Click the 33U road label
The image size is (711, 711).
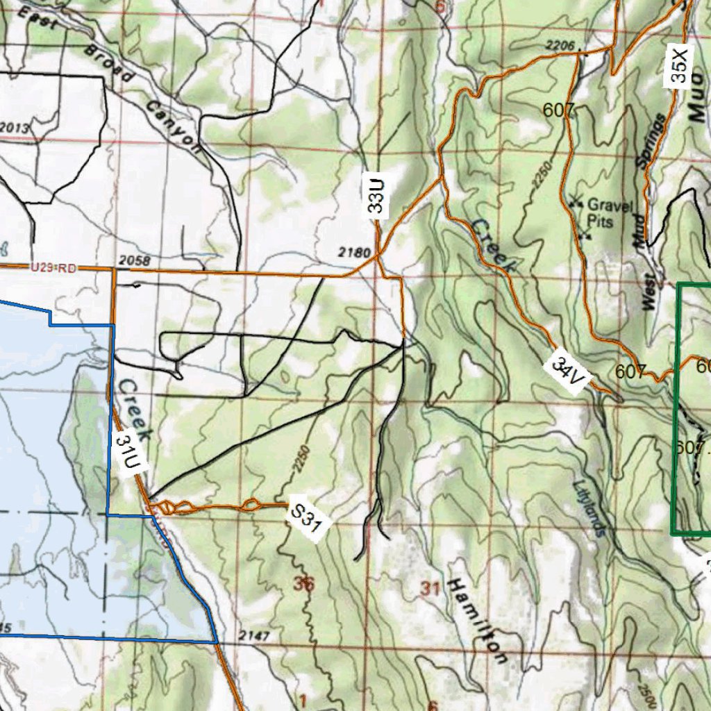pyautogui.click(x=376, y=196)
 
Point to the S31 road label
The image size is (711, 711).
pyautogui.click(x=307, y=519)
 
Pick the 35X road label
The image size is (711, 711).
pyautogui.click(x=679, y=65)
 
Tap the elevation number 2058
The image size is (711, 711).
pyautogui.click(x=135, y=260)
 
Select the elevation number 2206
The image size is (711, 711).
pyautogui.click(x=561, y=47)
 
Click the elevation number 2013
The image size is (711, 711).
pyautogui.click(x=15, y=128)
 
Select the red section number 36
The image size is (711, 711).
pyautogui.click(x=303, y=585)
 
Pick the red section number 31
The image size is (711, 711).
pyautogui.click(x=430, y=589)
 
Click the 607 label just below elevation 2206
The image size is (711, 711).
pyautogui.click(x=560, y=110)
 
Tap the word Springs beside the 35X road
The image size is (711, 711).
pyautogui.click(x=650, y=142)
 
